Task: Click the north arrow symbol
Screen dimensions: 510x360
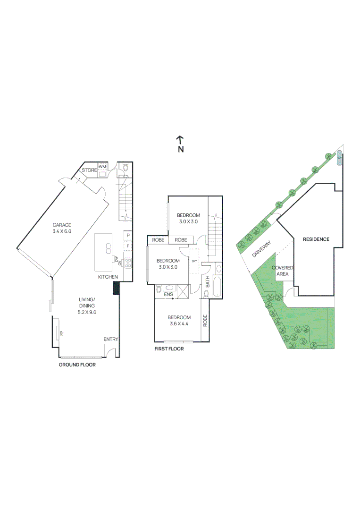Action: (180, 140)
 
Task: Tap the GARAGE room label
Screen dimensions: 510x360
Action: (62, 225)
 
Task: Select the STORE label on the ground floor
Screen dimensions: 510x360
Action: (89, 170)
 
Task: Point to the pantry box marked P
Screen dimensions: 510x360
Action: (127, 235)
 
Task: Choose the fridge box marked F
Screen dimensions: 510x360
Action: (127, 246)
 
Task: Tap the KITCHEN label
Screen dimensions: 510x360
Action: (108, 277)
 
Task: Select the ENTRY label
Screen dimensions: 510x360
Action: (111, 339)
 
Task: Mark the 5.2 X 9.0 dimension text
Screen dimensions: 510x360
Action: (87, 312)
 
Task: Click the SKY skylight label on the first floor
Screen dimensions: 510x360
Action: (194, 260)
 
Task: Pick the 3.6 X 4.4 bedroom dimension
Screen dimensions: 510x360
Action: (179, 323)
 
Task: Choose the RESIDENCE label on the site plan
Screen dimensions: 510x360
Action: (316, 239)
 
